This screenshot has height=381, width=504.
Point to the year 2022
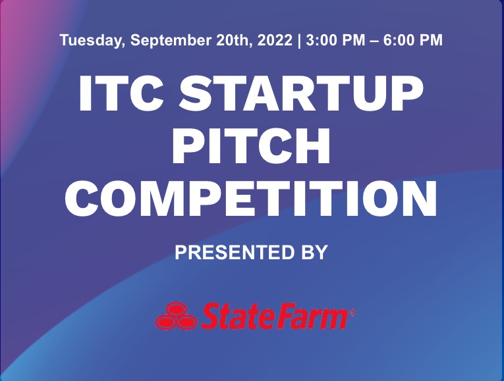click(x=275, y=40)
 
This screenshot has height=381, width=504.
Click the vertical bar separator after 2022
click(x=300, y=41)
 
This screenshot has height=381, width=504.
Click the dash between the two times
click(x=374, y=41)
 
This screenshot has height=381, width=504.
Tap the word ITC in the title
click(x=121, y=93)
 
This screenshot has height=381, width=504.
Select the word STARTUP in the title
click(x=301, y=93)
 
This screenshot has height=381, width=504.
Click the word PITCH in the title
click(x=252, y=145)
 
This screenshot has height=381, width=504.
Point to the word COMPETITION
click(x=251, y=198)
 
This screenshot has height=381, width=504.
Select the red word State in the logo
click(x=236, y=316)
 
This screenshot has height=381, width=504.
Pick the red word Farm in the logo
click(x=310, y=316)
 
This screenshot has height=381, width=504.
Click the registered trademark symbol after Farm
click(x=352, y=313)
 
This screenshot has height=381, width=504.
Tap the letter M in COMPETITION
click(x=161, y=198)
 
